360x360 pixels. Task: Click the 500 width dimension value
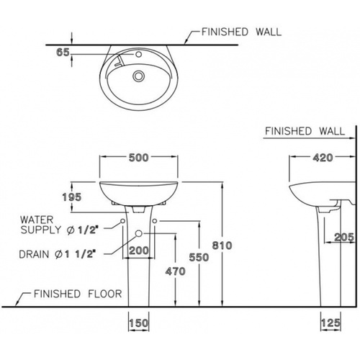[x=139, y=158]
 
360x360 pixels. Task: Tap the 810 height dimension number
[x=222, y=246]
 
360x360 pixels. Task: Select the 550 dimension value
[x=199, y=257]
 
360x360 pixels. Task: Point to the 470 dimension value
[x=176, y=271]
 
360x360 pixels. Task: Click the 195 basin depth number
[x=72, y=197]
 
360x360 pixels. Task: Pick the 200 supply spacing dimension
[x=139, y=251]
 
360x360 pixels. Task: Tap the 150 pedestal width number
[x=139, y=323]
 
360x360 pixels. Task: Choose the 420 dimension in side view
[x=323, y=158]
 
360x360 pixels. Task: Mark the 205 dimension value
[x=344, y=238]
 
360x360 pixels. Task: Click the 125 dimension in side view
[x=330, y=323]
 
